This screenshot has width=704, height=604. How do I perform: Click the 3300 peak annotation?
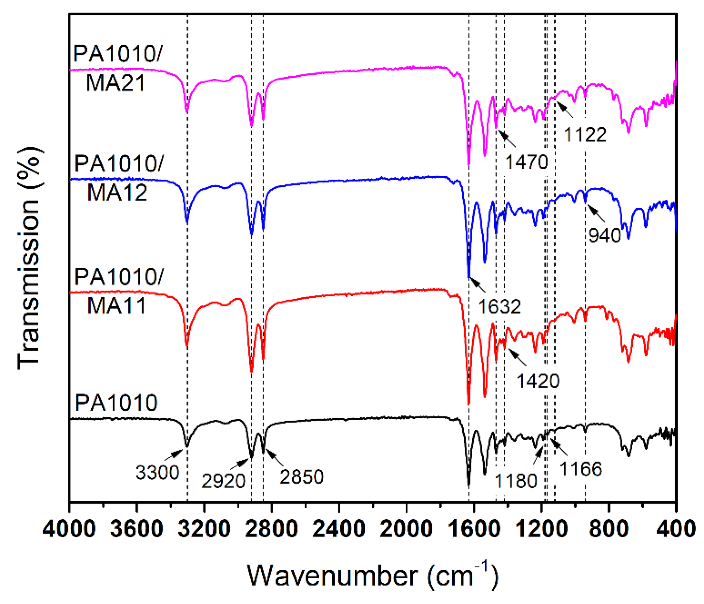point(157,473)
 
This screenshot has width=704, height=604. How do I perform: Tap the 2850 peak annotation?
point(301,477)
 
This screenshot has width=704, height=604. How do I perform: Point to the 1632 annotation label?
point(499,307)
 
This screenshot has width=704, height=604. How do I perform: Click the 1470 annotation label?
point(526,162)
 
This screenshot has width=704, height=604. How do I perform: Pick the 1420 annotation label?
point(538,381)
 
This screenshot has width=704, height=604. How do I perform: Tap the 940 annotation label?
point(605,235)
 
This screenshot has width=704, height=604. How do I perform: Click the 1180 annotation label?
point(516,481)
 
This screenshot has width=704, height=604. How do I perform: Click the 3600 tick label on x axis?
point(136,530)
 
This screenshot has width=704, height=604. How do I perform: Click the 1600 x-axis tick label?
point(474,530)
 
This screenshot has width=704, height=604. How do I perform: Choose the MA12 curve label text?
point(117,193)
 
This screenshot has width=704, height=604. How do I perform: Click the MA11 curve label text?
point(116,306)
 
